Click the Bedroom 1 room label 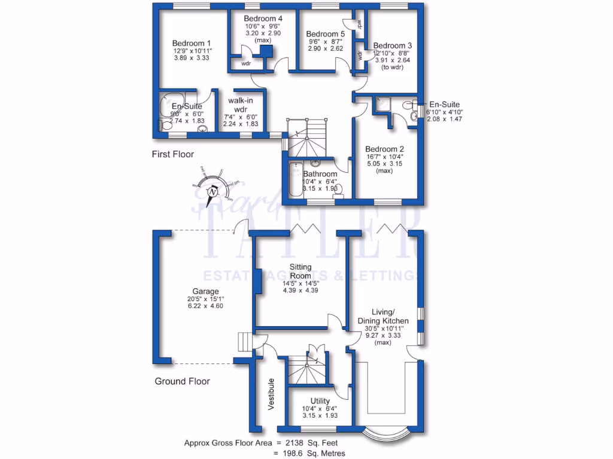[192, 43]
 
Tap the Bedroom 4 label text [263, 19]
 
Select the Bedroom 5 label [323, 34]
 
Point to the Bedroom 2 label [385, 149]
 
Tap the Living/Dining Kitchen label [391, 317]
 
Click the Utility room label [320, 401]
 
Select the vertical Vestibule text [271, 394]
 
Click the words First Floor [173, 154]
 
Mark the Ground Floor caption [183, 381]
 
